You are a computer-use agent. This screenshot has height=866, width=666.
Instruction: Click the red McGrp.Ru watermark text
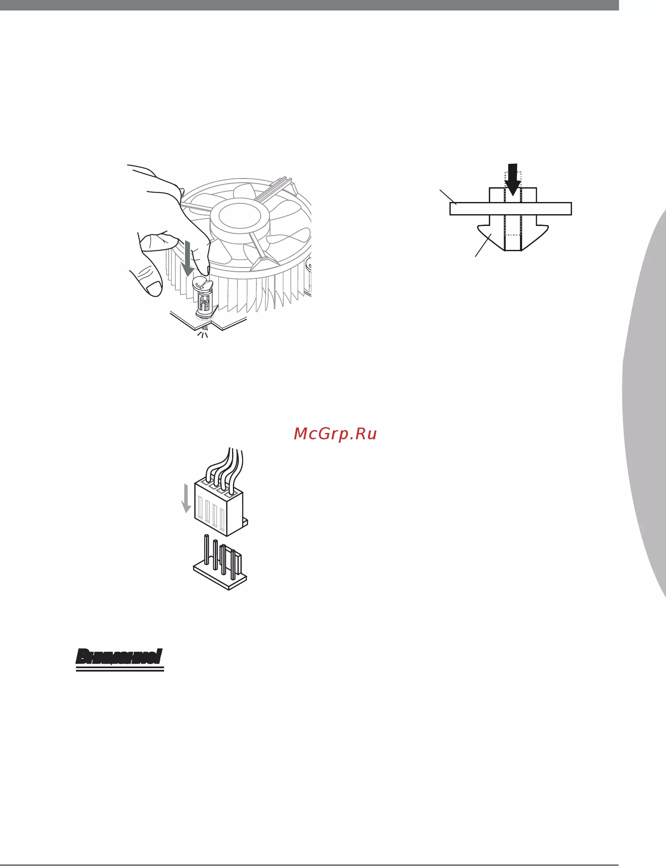click(335, 434)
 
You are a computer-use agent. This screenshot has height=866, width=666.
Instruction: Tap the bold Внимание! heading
click(120, 656)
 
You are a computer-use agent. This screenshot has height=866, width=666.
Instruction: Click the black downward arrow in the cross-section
click(512, 179)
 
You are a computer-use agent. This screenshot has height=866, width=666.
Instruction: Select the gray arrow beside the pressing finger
click(187, 257)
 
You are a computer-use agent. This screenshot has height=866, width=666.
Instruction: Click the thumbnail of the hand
click(154, 288)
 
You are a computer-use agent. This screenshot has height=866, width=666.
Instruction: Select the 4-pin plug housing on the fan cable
click(219, 509)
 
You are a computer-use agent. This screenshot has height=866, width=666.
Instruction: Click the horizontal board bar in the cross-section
click(510, 209)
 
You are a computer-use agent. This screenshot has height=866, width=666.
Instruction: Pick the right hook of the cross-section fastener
click(535, 237)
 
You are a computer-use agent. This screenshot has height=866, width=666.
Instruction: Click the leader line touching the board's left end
click(448, 197)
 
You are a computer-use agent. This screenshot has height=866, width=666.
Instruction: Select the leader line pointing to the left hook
click(483, 246)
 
